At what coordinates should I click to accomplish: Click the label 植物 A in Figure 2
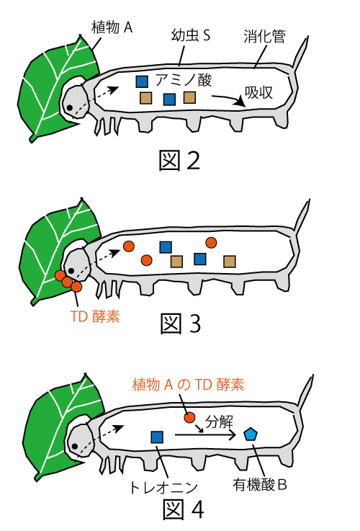tap(112, 27)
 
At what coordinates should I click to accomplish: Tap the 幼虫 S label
tap(192, 35)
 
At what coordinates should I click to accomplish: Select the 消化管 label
tap(264, 36)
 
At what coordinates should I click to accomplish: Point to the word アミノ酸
tap(184, 80)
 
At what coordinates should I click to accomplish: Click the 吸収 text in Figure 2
tap(258, 92)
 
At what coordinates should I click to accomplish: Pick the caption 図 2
tap(180, 161)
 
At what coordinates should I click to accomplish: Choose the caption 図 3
tap(181, 323)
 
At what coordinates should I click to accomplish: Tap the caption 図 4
tap(184, 509)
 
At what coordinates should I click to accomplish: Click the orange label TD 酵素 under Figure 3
tap(95, 316)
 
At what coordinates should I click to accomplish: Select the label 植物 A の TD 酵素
tap(188, 385)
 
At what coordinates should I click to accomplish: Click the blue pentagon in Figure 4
tap(251, 434)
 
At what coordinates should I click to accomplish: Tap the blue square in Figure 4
tap(157, 437)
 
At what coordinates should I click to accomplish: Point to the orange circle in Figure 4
tap(190, 418)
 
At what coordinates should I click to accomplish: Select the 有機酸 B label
tap(259, 485)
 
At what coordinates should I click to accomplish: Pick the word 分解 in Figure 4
tap(220, 422)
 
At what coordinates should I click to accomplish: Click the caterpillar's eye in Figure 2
tap(70, 108)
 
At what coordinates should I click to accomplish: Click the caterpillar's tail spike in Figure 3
tap(302, 217)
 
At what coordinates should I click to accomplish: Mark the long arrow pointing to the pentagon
tap(205, 435)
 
